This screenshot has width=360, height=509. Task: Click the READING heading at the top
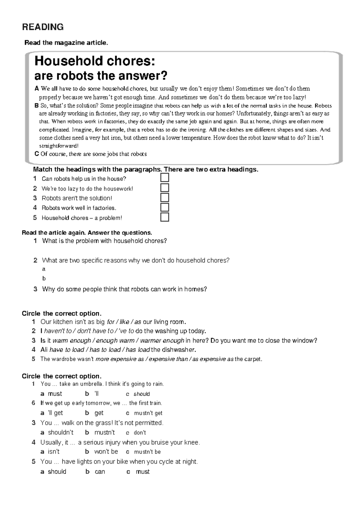43,27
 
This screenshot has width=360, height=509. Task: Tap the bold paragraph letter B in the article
37,106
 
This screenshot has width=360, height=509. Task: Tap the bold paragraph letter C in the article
37,154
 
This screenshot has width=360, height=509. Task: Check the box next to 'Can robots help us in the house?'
165,178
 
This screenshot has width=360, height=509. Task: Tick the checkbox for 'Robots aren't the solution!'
165,198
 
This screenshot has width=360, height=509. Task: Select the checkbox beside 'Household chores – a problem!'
165,217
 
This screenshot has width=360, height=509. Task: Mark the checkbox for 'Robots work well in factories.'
165,207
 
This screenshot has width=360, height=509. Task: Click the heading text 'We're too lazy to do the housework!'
87,189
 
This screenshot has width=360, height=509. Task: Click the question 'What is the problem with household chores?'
104,241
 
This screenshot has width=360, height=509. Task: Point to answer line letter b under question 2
44,278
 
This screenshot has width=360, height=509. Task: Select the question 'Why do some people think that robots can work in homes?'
124,289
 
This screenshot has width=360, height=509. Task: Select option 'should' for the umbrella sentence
141,394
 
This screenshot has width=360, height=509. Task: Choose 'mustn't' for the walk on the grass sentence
104,433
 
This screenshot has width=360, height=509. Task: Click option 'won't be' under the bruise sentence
106,452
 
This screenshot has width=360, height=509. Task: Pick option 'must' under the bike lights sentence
142,472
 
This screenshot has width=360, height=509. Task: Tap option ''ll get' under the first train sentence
55,413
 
